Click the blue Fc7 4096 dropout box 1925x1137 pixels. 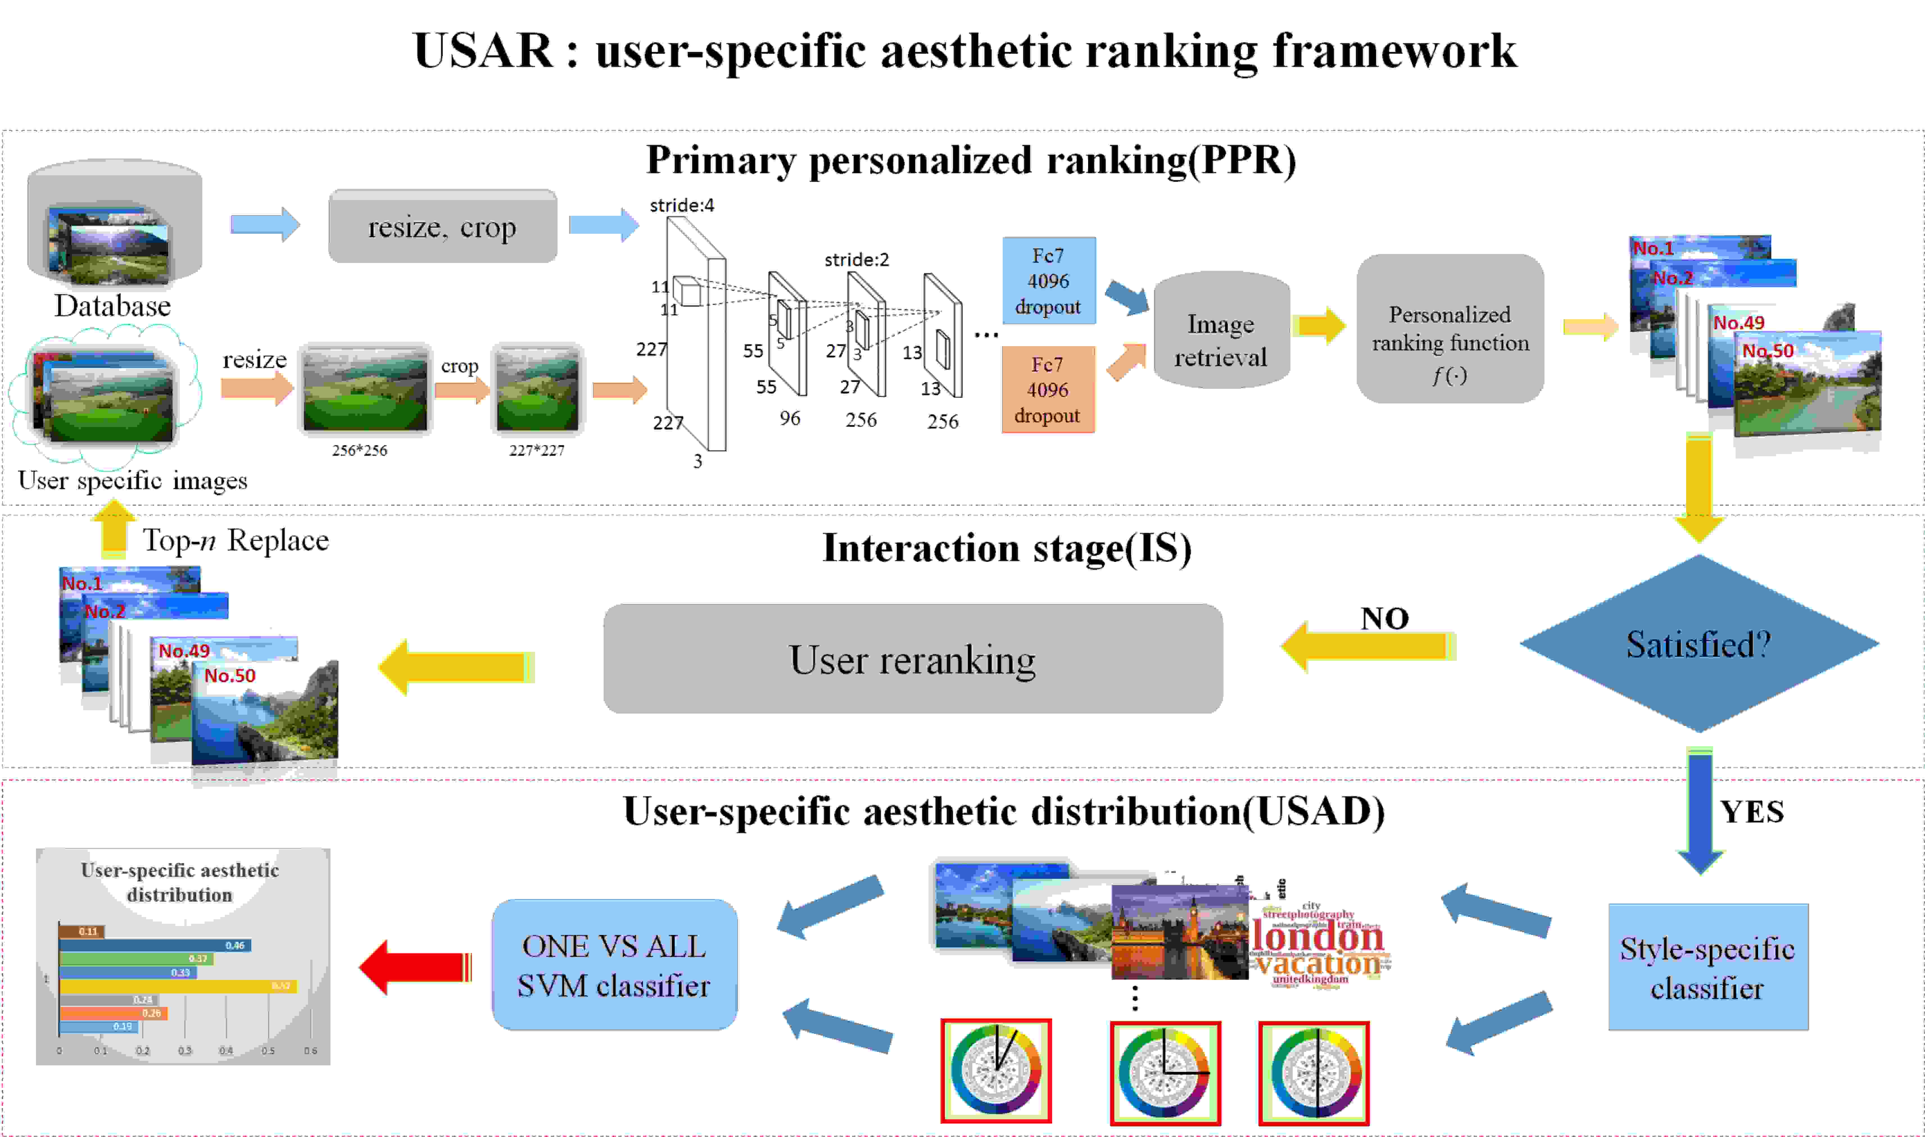(1048, 280)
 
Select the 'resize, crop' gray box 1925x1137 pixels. (442, 227)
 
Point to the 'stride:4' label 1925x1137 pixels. (681, 205)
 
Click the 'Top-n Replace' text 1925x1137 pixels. (235, 540)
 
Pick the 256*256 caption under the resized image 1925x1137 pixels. (359, 451)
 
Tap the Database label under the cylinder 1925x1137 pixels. (113, 306)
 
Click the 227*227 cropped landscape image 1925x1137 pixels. (537, 389)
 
